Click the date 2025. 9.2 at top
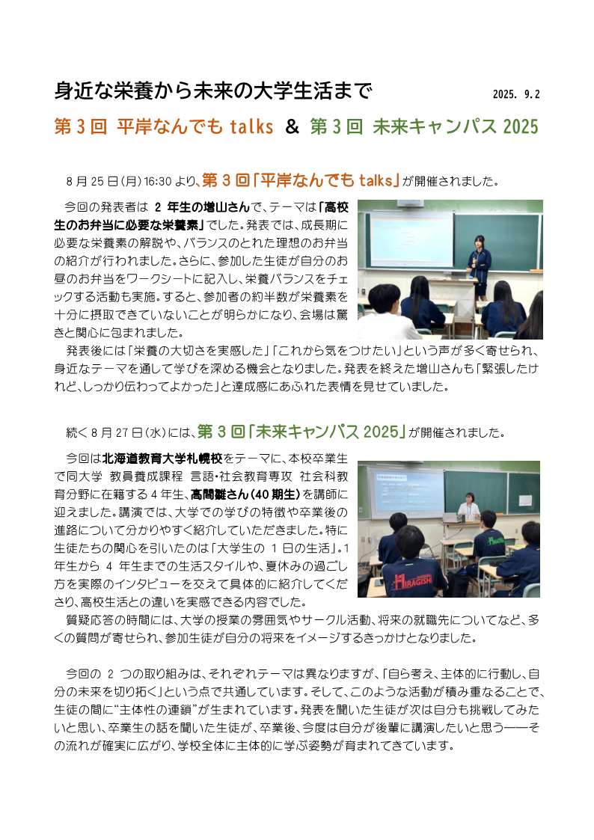coord(516,95)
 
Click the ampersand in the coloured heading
coord(292,127)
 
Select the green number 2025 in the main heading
coord(521,127)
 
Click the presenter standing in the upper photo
coord(479,266)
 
